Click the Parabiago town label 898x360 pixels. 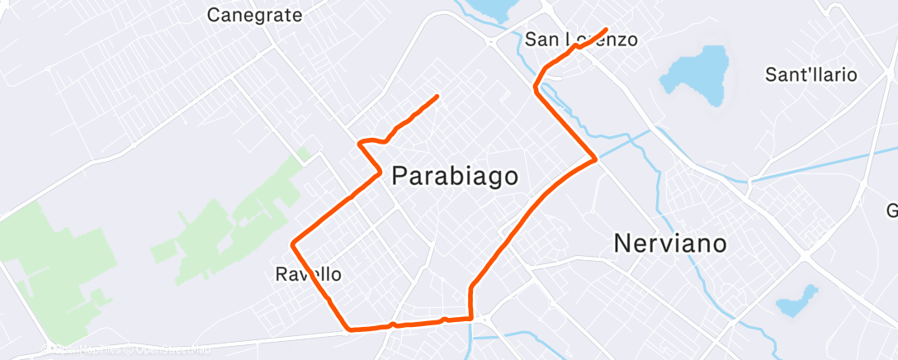[x=455, y=176]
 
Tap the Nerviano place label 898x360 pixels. [x=670, y=244]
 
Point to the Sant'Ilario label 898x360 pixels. [x=811, y=75]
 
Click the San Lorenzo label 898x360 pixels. [x=581, y=39]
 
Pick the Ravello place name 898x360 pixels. [x=308, y=273]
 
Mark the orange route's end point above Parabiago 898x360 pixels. [x=436, y=97]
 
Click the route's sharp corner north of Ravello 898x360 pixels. [x=293, y=244]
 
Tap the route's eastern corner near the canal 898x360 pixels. [x=595, y=159]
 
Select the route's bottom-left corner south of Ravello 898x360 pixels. [x=350, y=328]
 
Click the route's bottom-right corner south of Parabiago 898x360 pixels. [x=470, y=317]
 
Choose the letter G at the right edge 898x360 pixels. [x=892, y=209]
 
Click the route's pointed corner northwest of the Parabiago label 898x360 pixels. [x=359, y=144]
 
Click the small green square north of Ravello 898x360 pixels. [x=304, y=154]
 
